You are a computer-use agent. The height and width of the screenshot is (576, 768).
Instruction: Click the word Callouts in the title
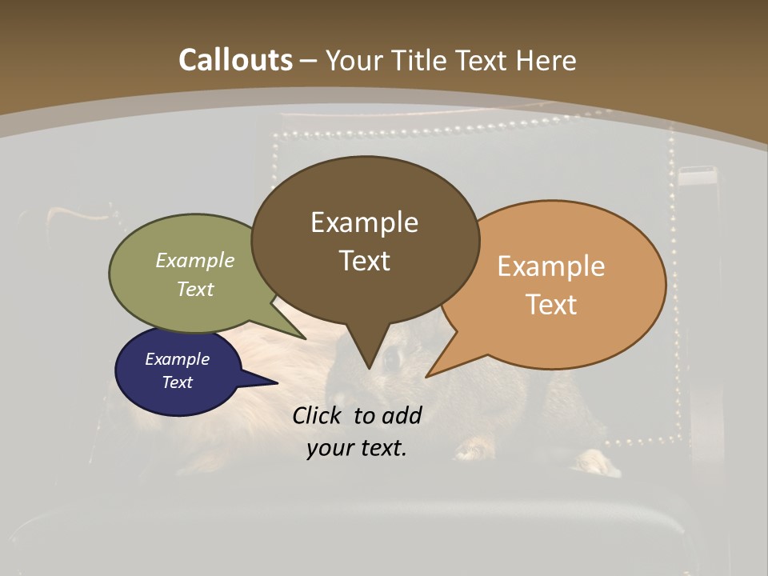coord(235,60)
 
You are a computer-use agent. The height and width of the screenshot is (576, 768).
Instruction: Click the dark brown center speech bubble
coord(365,192)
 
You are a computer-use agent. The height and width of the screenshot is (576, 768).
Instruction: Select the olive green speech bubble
coord(160,304)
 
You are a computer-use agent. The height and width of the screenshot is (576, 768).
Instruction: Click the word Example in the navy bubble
coord(177,359)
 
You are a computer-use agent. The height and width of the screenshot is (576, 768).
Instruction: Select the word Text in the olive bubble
coord(195,289)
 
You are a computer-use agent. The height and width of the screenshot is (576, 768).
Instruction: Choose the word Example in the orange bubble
coord(551,266)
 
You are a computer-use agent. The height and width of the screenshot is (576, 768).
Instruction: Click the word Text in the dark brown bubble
coord(365,260)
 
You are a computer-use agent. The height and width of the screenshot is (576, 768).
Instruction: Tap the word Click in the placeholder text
coord(317,415)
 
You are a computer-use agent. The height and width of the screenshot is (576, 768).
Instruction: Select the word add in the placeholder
coord(402,415)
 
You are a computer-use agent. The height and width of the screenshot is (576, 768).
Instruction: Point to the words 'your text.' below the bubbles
coord(357,448)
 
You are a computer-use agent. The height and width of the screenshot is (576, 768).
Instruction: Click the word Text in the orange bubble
coord(551,304)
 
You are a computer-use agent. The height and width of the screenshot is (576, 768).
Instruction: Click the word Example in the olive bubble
coord(195,260)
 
